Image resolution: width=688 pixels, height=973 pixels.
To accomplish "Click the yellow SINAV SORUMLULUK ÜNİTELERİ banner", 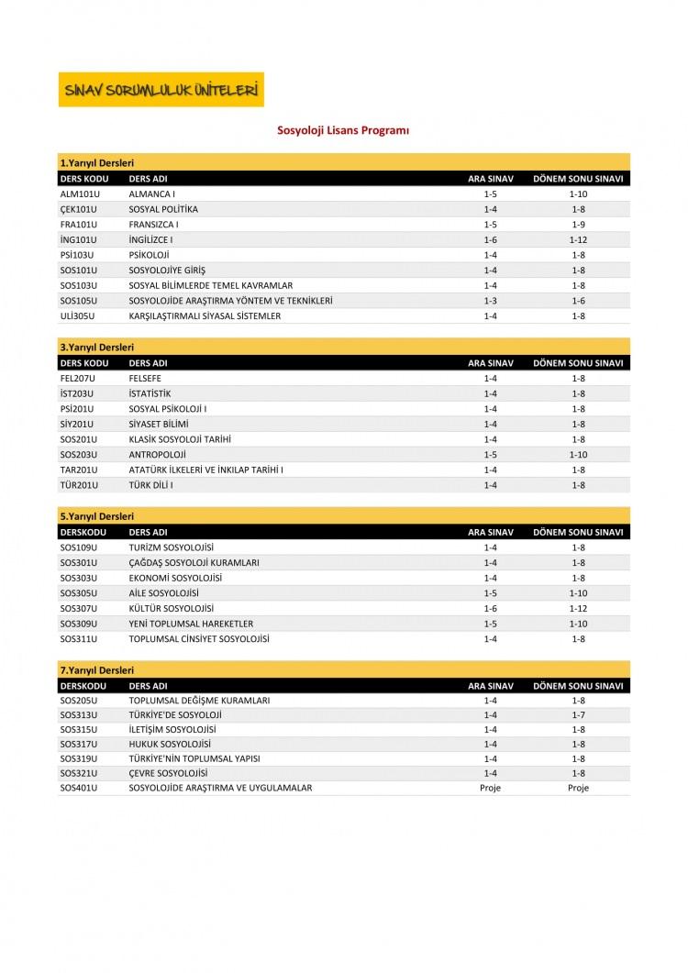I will click(x=161, y=90).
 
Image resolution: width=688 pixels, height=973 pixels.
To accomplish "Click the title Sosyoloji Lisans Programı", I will click(x=343, y=131).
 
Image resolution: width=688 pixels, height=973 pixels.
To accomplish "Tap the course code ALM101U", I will click(x=79, y=194).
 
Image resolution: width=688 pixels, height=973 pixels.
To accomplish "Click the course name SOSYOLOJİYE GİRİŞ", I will click(x=167, y=271).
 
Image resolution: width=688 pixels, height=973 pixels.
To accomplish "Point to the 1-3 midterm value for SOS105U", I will click(x=490, y=301).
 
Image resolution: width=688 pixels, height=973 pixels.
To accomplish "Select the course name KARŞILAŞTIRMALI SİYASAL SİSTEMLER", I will click(x=205, y=315).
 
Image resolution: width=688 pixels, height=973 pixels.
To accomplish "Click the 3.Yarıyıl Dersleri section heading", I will click(x=97, y=348).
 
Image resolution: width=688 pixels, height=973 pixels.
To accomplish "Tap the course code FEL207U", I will click(x=78, y=378).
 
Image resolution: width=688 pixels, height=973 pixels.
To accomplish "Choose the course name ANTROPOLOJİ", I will click(x=157, y=454).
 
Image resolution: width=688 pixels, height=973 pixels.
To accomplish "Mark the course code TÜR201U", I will click(x=79, y=484).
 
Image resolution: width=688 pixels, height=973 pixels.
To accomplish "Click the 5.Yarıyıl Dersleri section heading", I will click(x=97, y=516).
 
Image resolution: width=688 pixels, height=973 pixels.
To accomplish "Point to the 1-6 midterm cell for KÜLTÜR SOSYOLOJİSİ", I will click(x=490, y=608).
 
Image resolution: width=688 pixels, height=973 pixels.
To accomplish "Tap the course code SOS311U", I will click(x=79, y=638).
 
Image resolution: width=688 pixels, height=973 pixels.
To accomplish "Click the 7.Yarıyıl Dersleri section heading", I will click(x=97, y=670).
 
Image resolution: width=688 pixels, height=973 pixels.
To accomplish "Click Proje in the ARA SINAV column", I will click(x=490, y=788).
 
